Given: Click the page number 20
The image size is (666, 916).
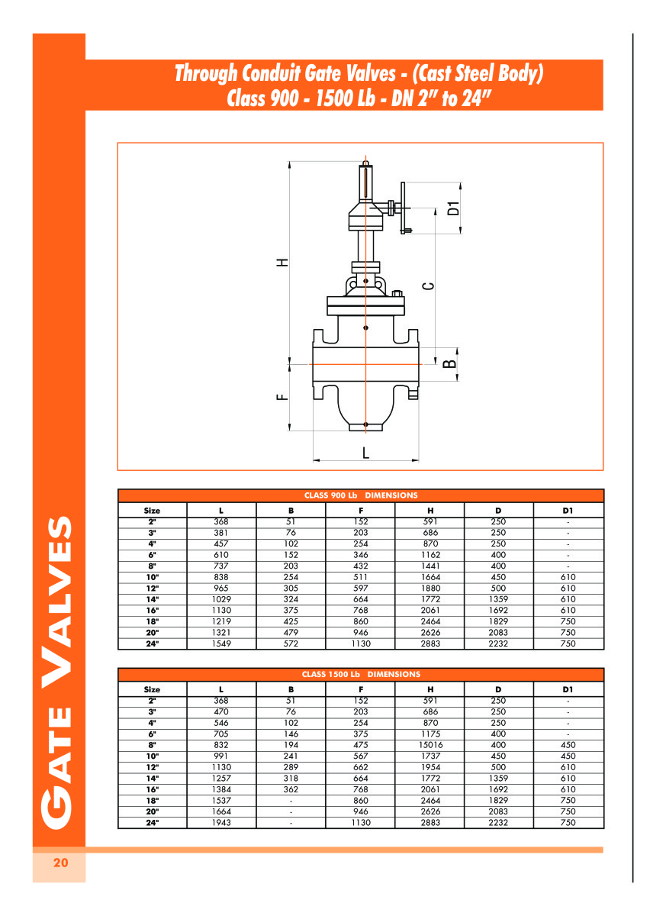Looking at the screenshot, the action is tap(60, 863).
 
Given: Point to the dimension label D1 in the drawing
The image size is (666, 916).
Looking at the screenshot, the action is tap(453, 208).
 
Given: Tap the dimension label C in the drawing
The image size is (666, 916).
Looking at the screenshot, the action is tap(428, 285).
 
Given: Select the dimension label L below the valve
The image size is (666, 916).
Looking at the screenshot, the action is tap(365, 453).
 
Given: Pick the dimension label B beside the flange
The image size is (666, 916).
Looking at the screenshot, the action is tap(449, 363).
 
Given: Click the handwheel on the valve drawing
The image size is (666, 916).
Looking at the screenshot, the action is tap(403, 208).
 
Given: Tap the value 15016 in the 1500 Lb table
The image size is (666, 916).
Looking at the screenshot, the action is tap(430, 745).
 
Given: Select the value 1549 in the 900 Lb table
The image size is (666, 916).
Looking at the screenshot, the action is tap(221, 643).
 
